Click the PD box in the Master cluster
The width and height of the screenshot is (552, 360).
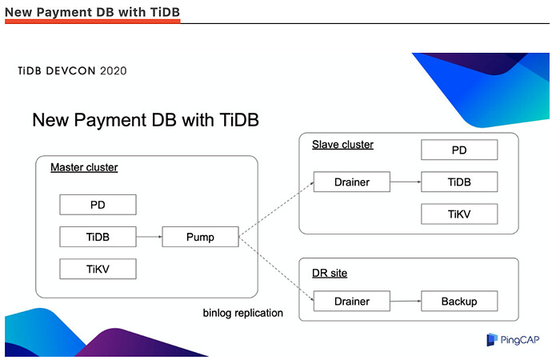pyautogui.click(x=98, y=205)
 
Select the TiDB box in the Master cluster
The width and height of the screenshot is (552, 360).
pyautogui.click(x=98, y=237)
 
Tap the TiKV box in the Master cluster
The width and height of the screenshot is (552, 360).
pyautogui.click(x=98, y=269)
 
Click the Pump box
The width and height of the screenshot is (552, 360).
pyautogui.click(x=200, y=237)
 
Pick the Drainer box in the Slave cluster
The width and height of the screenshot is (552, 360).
pyautogui.click(x=352, y=182)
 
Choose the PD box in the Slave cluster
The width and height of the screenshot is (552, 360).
pyautogui.click(x=459, y=150)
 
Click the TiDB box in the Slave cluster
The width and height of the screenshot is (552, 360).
pyautogui.click(x=459, y=182)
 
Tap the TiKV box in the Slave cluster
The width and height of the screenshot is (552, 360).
pyautogui.click(x=459, y=214)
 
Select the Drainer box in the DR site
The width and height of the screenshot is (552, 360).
pyautogui.click(x=352, y=302)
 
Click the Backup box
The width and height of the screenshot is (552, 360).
pyautogui.click(x=459, y=302)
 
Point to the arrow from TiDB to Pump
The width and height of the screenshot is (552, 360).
pyautogui.click(x=149, y=237)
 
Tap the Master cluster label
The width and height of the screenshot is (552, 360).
pyautogui.click(x=84, y=168)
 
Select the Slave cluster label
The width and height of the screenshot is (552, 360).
pyautogui.click(x=342, y=145)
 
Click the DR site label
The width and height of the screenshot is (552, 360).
pyautogui.click(x=330, y=274)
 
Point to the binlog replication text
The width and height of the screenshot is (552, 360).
pyautogui.click(x=242, y=313)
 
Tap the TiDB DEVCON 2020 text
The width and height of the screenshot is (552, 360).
pyautogui.click(x=72, y=70)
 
